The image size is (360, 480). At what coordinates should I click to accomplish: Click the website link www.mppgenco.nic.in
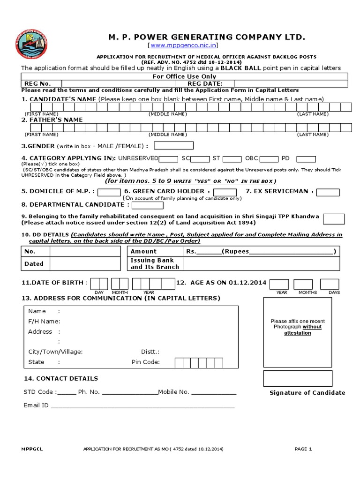[183, 46]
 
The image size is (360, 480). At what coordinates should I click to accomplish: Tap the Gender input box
[177, 146]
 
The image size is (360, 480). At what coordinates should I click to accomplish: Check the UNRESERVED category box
[169, 159]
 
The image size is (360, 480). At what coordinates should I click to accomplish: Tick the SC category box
[200, 159]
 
